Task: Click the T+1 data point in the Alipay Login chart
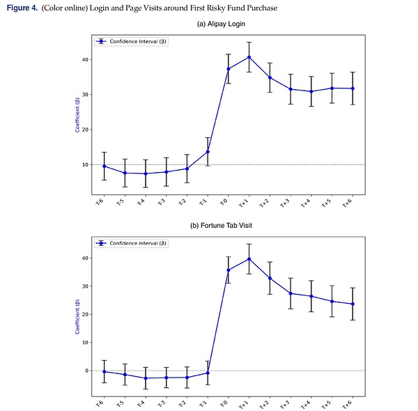[x=249, y=57]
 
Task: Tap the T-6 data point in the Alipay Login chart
[x=104, y=166]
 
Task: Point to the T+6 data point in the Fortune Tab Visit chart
[x=353, y=304]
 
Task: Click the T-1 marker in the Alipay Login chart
[x=208, y=151]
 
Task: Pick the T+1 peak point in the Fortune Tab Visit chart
[x=249, y=259]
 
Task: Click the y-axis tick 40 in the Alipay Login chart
[x=84, y=59]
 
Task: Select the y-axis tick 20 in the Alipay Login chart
[x=84, y=130]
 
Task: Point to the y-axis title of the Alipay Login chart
[x=77, y=118]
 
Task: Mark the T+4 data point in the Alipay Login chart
[x=311, y=91]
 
